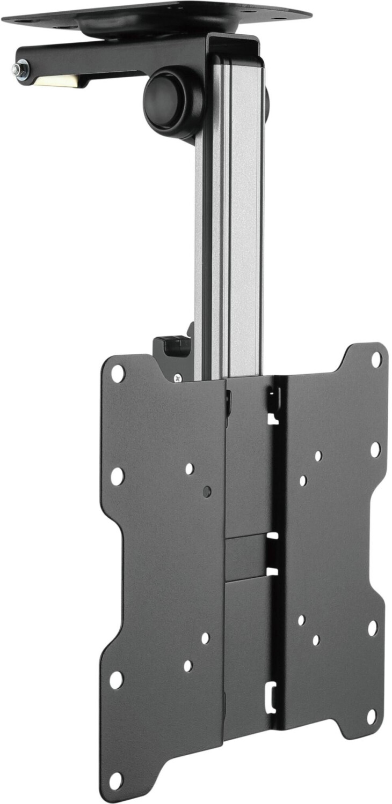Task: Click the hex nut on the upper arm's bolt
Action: coord(22,70)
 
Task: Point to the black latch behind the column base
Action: coord(172,346)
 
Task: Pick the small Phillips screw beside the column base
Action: coord(178,378)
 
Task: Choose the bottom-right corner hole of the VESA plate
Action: coord(371,717)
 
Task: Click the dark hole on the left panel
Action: coord(207,491)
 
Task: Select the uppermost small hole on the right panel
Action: coord(318,456)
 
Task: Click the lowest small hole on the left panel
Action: coord(188,666)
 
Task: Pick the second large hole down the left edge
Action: coord(117,475)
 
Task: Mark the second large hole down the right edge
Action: coord(375,449)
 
